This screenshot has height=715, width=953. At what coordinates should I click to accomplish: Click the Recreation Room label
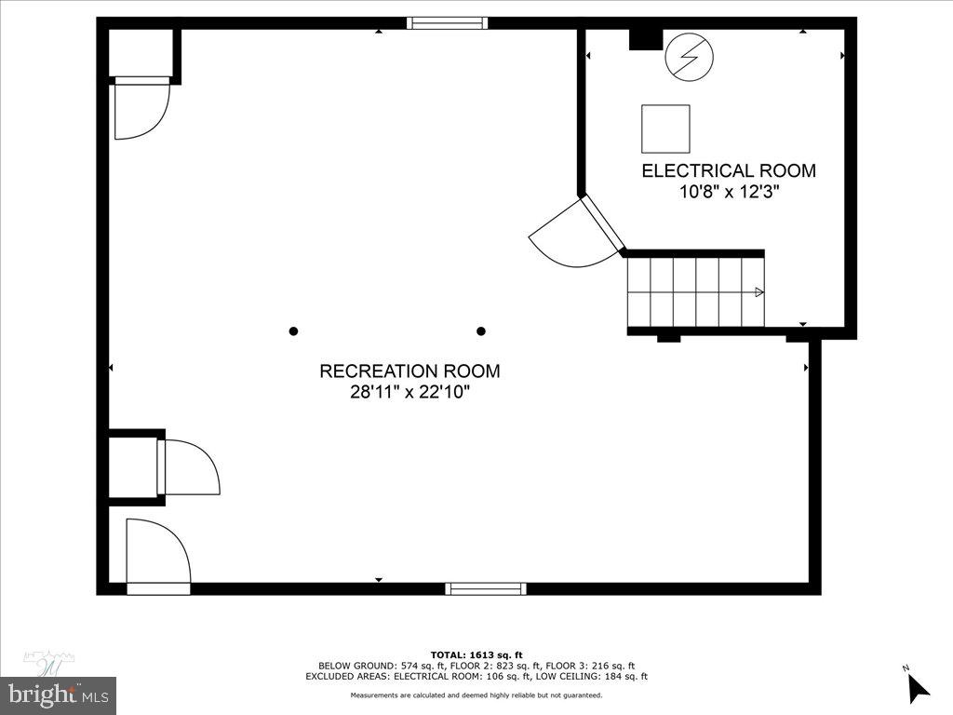pyautogui.click(x=409, y=371)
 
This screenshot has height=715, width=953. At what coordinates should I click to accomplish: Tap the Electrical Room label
pyautogui.click(x=729, y=171)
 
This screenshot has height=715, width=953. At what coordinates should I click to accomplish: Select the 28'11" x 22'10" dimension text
pyautogui.click(x=409, y=393)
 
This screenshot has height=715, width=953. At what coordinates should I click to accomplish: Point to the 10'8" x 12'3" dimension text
pyautogui.click(x=729, y=193)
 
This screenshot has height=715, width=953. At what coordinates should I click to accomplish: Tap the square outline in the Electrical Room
pyautogui.click(x=665, y=128)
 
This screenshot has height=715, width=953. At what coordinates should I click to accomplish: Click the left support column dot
pyautogui.click(x=294, y=331)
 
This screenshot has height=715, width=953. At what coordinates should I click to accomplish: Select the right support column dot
pyautogui.click(x=481, y=331)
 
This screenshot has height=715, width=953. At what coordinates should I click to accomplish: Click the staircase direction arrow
pyautogui.click(x=758, y=292)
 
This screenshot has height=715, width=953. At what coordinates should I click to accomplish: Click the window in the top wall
pyautogui.click(x=448, y=23)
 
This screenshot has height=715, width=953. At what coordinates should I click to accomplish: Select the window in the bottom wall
pyautogui.click(x=485, y=588)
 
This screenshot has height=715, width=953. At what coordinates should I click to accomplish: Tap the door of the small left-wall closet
pyautogui.click(x=190, y=467)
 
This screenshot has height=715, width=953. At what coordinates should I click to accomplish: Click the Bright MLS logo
pyautogui.click(x=58, y=694)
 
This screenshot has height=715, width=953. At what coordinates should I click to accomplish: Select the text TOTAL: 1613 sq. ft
pyautogui.click(x=476, y=654)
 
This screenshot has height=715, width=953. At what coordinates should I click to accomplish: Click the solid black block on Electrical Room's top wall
pyautogui.click(x=645, y=39)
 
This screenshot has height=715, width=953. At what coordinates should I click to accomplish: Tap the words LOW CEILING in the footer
pyautogui.click(x=580, y=677)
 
